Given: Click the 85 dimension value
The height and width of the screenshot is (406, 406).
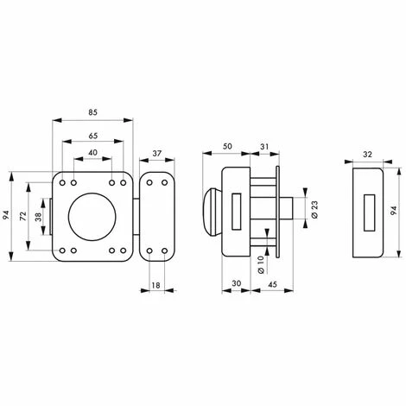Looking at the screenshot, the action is point(92,112).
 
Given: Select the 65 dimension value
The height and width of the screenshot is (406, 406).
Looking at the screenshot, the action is point(92,136).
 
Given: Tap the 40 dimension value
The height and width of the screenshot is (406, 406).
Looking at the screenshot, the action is point(92,153).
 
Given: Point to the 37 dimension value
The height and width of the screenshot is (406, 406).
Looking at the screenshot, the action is point(157,154).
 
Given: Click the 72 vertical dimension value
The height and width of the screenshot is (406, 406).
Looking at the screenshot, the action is point(23,216).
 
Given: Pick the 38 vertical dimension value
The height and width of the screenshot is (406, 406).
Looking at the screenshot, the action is point(38,217).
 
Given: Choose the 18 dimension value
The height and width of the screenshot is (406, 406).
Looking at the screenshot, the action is point(155,285).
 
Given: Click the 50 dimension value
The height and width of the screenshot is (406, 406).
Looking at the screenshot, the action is point(227,146).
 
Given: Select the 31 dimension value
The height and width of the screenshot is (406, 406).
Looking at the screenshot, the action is point(264,147).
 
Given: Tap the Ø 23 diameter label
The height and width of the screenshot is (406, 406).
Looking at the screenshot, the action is point(314,209).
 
